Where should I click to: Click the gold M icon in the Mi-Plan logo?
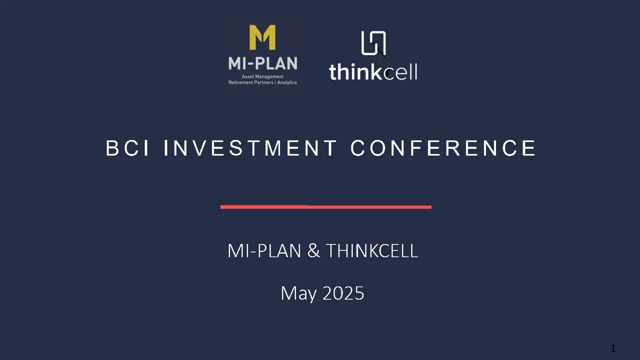pos(262,37)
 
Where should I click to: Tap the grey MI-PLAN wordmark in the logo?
pos(263,63)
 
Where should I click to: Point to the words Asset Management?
pos(262,76)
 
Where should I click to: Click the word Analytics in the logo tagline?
pos(287,82)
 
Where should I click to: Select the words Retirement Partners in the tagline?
pos(251,82)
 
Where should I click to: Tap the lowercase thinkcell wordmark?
pos(373,71)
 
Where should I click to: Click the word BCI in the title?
pos(127,148)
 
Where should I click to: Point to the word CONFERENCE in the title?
pos(443,148)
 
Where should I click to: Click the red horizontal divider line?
pos(325,207)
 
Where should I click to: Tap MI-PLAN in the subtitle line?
pos(264,251)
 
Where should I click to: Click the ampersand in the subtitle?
pos(313,251)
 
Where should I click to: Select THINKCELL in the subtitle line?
pos(372,251)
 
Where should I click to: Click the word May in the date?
pos(298,293)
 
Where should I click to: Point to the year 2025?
pos(343,293)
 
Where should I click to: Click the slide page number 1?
pos(613,348)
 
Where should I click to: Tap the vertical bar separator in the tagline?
pos(275,82)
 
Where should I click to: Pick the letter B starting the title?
pos(112,148)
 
